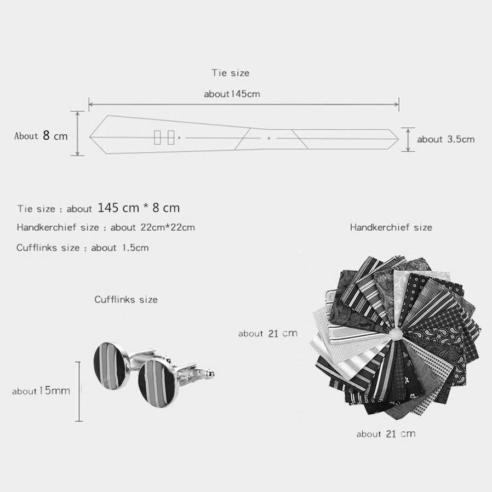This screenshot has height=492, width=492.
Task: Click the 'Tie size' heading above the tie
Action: point(231,73)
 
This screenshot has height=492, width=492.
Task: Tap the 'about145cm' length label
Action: point(232,94)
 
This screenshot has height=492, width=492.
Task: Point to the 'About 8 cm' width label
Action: point(41,135)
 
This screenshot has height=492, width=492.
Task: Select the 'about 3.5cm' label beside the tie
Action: point(445,139)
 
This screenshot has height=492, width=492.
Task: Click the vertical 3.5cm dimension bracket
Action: point(408,140)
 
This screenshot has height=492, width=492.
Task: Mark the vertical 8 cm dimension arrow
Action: point(77,133)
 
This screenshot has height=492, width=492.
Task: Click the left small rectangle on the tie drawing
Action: point(157,138)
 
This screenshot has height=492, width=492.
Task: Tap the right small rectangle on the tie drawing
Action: point(171,138)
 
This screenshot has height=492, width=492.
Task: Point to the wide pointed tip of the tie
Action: point(90,137)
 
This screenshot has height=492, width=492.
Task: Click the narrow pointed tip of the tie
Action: point(398,139)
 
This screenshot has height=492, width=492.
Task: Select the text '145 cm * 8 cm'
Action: point(139,208)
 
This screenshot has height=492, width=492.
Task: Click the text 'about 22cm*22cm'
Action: point(152,227)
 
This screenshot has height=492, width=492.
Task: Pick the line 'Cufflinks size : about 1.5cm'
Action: point(83,248)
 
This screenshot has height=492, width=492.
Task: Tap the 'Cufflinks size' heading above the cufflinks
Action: point(126,299)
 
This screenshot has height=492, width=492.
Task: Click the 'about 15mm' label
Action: point(41,391)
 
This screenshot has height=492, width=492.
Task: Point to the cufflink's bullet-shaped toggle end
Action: point(209,374)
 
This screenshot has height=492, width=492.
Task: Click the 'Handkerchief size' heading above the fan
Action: point(391,227)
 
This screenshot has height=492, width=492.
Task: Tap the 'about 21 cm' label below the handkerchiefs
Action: point(386,433)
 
